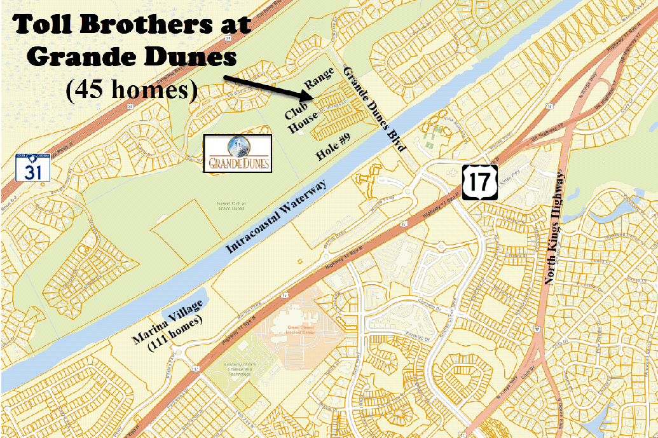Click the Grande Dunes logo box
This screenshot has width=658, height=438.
[237, 153]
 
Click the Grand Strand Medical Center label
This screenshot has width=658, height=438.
[293, 327]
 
